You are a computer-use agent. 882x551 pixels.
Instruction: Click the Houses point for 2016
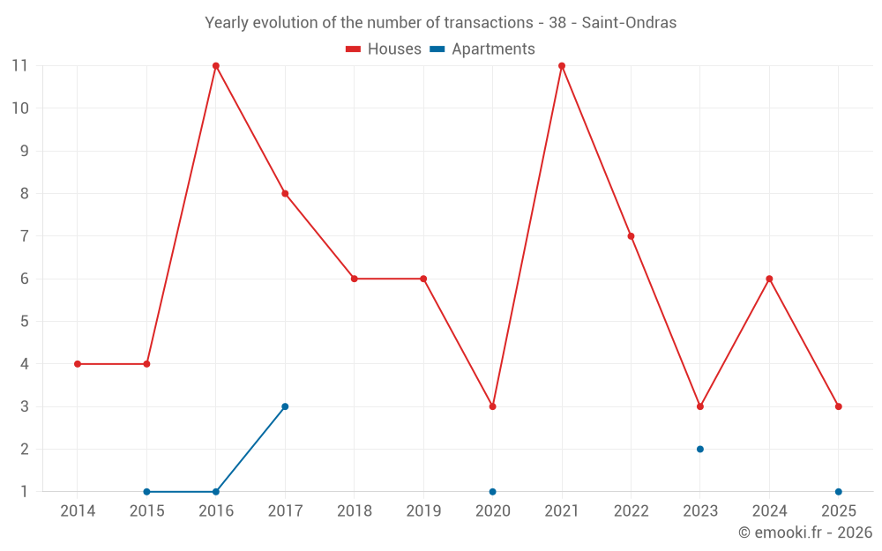(x=216, y=66)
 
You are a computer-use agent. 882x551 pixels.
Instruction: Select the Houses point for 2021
(x=562, y=66)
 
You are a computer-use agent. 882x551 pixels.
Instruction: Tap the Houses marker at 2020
(x=492, y=406)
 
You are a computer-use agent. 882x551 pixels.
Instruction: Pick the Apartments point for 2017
(x=285, y=406)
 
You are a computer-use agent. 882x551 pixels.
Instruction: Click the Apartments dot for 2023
(x=700, y=449)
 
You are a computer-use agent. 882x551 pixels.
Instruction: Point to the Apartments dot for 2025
(x=839, y=491)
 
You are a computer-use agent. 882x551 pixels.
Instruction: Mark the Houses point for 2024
(x=769, y=279)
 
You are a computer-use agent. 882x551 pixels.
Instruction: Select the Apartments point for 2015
(x=146, y=491)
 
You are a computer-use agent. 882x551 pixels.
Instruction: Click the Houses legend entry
(x=384, y=49)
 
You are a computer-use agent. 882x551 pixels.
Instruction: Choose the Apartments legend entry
(x=482, y=49)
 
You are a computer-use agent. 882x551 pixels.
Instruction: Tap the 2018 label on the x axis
(x=354, y=511)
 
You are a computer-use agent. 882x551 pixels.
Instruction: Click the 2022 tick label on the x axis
(x=631, y=511)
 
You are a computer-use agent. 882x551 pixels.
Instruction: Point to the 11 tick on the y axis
(x=20, y=66)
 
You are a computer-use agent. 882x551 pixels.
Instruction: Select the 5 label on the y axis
(x=25, y=322)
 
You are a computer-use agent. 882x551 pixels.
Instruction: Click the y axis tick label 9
(x=25, y=151)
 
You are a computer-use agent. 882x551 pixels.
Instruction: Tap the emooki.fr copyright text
(x=805, y=532)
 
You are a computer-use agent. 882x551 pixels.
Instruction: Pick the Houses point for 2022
(x=631, y=236)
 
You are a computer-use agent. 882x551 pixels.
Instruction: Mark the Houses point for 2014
(x=78, y=364)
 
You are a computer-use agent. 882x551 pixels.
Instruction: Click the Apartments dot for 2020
(x=492, y=491)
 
